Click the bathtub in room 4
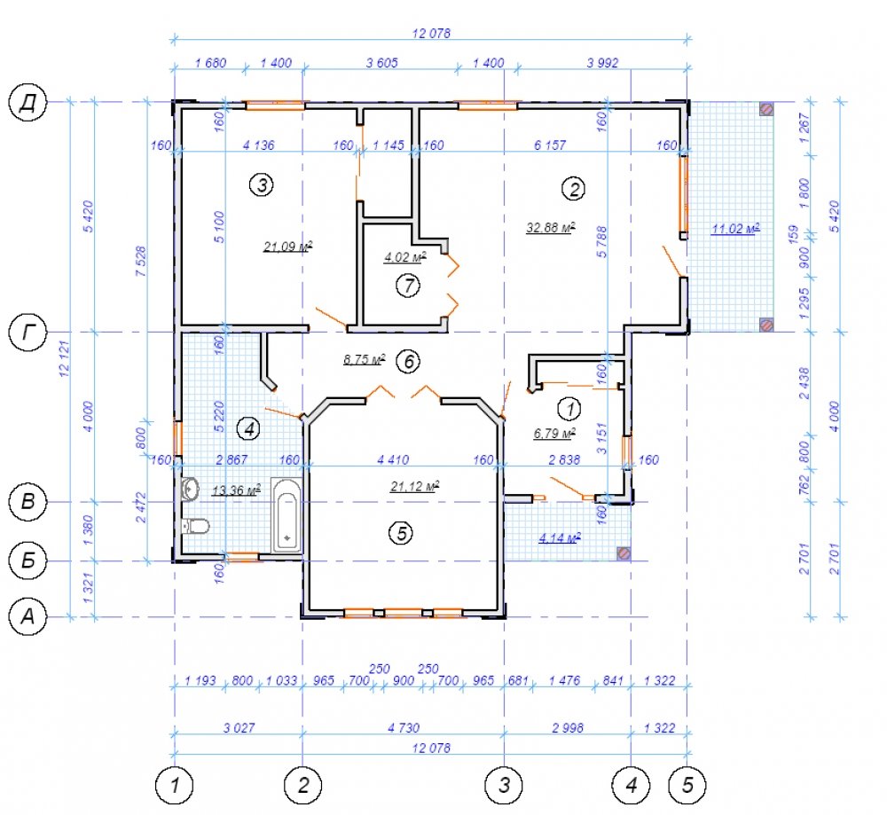tap(287, 515)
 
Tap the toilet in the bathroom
tap(195, 527)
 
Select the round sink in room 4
tap(190, 489)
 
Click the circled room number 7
tap(408, 286)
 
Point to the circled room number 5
tap(401, 533)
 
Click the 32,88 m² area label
tap(551, 227)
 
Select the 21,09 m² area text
tap(287, 247)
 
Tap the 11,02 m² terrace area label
tap(734, 229)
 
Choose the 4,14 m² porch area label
tap(559, 537)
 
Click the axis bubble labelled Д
tap(27, 103)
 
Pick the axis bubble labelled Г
tap(27, 332)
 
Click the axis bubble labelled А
tap(27, 616)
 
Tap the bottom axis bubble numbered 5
tap(687, 785)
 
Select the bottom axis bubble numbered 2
tap(302, 785)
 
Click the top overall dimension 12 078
tap(431, 34)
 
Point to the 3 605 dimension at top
tap(381, 63)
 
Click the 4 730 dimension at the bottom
tap(404, 728)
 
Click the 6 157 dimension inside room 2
tap(550, 145)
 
